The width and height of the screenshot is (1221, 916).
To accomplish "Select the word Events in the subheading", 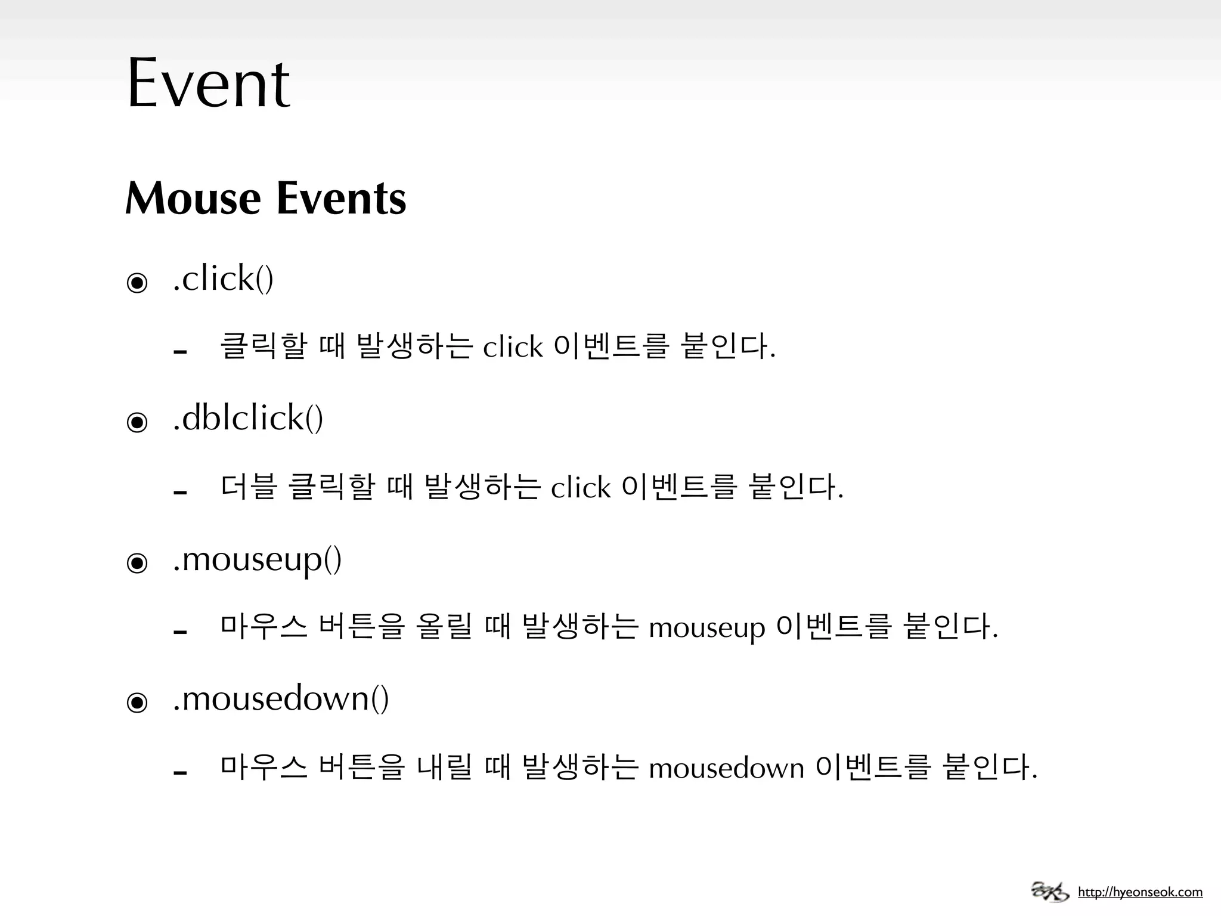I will [x=341, y=198].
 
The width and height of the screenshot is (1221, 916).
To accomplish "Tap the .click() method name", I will [x=223, y=278].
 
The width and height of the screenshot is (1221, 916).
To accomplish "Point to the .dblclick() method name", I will [x=248, y=417].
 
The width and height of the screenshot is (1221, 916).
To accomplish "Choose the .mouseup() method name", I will [x=257, y=560].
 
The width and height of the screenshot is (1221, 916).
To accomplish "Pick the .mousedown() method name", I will [x=281, y=699].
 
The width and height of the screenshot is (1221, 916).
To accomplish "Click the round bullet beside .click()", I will [x=137, y=282].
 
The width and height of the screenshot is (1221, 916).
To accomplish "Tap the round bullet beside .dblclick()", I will [x=137, y=422].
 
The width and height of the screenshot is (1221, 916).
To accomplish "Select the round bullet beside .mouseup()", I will [x=137, y=562].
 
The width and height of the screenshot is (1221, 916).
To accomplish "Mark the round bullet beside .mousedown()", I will [x=137, y=702].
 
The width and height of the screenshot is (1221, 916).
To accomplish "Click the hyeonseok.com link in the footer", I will [x=1140, y=892].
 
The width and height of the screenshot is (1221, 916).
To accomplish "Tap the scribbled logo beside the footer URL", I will [x=1050, y=892].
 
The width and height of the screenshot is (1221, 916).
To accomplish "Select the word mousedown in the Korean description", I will [x=726, y=768].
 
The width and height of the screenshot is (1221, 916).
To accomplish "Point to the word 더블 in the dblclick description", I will [x=249, y=487].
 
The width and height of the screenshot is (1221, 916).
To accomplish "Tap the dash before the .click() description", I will [x=180, y=352].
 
